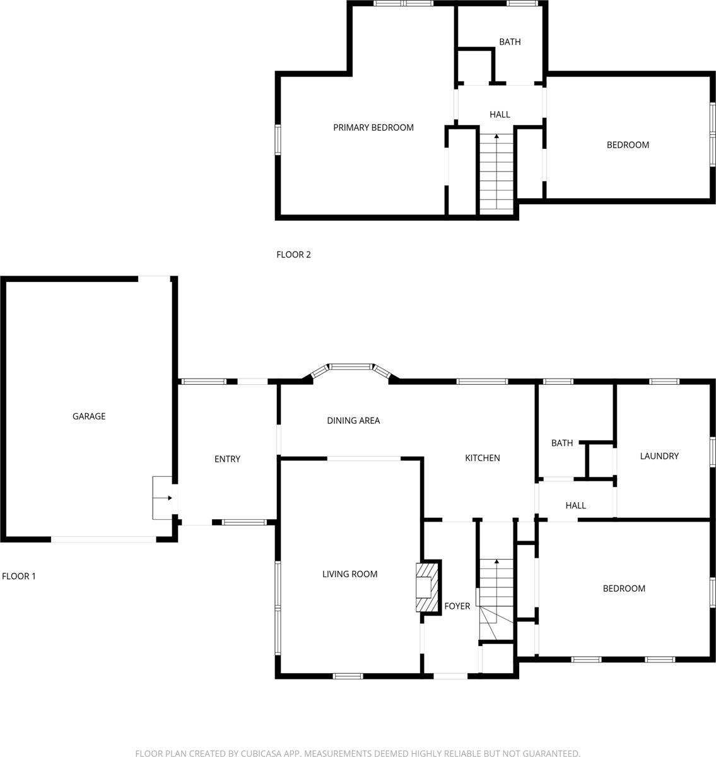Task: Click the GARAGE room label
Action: (89, 416)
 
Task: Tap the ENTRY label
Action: (227, 459)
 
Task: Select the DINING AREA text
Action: (353, 421)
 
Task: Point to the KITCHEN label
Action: (483, 458)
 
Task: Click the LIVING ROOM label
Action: (349, 574)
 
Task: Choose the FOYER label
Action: (457, 606)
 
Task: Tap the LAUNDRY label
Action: (659, 456)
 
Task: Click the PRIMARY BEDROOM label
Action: (373, 127)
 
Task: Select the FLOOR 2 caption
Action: (293, 255)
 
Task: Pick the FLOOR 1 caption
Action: (19, 576)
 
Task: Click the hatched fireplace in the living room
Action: (427, 587)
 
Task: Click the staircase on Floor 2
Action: (496, 173)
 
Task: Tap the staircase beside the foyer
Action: (496, 590)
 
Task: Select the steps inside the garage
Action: (162, 498)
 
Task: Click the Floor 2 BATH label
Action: (510, 42)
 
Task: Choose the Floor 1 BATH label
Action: (562, 443)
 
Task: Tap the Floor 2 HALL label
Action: (500, 115)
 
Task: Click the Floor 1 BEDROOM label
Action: (624, 589)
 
